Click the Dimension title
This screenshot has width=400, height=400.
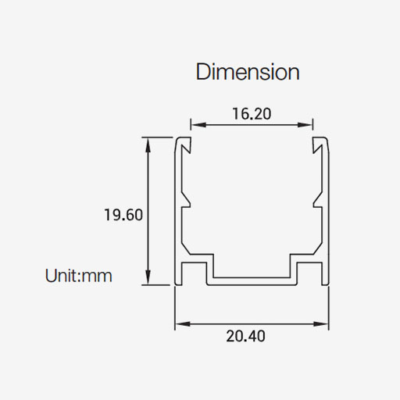(x=248, y=72)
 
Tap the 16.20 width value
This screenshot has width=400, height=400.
(x=252, y=114)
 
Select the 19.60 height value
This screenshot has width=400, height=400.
(x=123, y=215)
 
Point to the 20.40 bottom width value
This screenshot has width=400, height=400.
(x=245, y=336)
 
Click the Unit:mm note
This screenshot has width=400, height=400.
(x=78, y=276)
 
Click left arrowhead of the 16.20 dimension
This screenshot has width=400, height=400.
(x=198, y=125)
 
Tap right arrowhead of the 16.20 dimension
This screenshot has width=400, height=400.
(x=305, y=125)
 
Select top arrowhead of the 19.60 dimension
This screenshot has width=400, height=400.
(x=148, y=145)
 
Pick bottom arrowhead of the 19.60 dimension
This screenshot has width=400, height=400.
(x=148, y=277)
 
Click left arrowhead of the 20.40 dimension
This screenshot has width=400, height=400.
(x=183, y=324)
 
